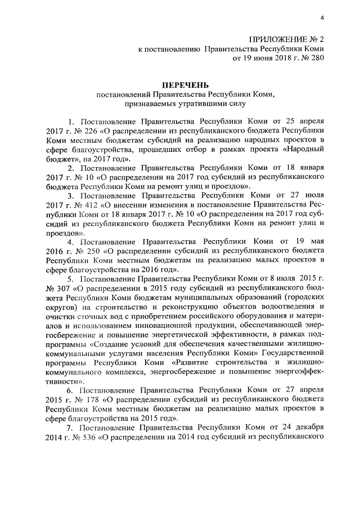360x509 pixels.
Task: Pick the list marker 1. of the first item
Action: [x=71, y=122]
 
